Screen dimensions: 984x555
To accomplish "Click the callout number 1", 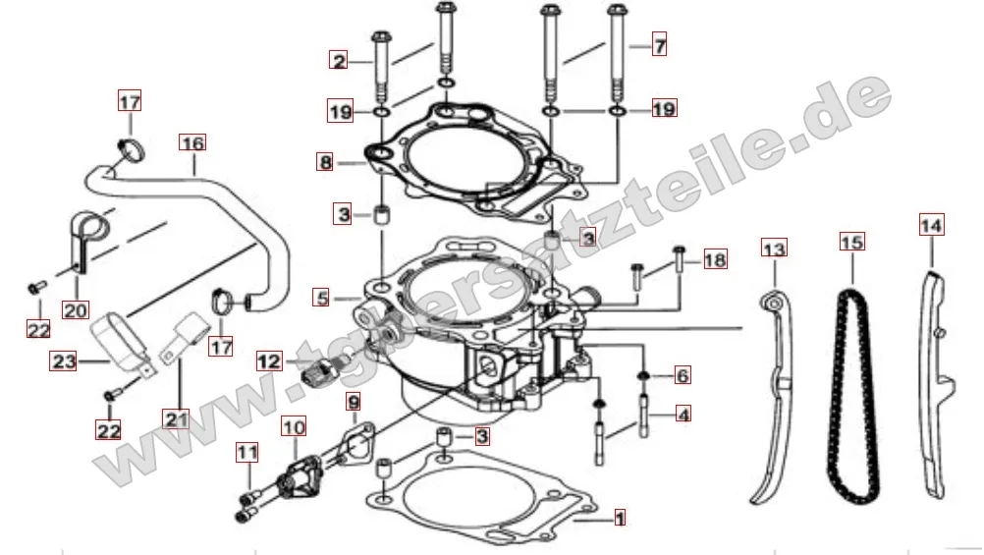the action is click(x=620, y=518).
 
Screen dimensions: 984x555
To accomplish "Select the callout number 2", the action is click(x=339, y=60).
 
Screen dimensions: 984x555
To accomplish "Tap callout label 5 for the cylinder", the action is click(x=322, y=297).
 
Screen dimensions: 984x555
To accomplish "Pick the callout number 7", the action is click(x=659, y=45).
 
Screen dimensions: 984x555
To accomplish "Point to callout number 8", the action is click(x=325, y=163).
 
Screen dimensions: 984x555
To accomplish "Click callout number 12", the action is click(x=269, y=361).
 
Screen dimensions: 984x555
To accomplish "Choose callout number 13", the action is click(x=775, y=249).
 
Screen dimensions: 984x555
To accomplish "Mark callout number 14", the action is click(x=931, y=225).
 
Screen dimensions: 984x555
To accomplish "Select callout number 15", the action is click(x=852, y=242).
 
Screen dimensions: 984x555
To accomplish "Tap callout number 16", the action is click(x=192, y=143).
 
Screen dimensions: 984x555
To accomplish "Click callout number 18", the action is click(x=715, y=259).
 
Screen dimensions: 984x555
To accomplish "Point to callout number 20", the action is click(x=76, y=310).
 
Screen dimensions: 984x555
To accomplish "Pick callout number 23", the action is click(x=64, y=361).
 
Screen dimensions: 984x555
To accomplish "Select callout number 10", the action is click(x=294, y=427).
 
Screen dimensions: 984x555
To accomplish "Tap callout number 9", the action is click(x=354, y=402).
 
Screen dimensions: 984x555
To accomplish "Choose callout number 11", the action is click(x=247, y=453).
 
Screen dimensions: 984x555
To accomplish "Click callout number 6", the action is click(x=683, y=375).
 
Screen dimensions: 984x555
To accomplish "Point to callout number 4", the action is click(x=683, y=415).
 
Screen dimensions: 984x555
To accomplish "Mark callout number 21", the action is click(x=176, y=418).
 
